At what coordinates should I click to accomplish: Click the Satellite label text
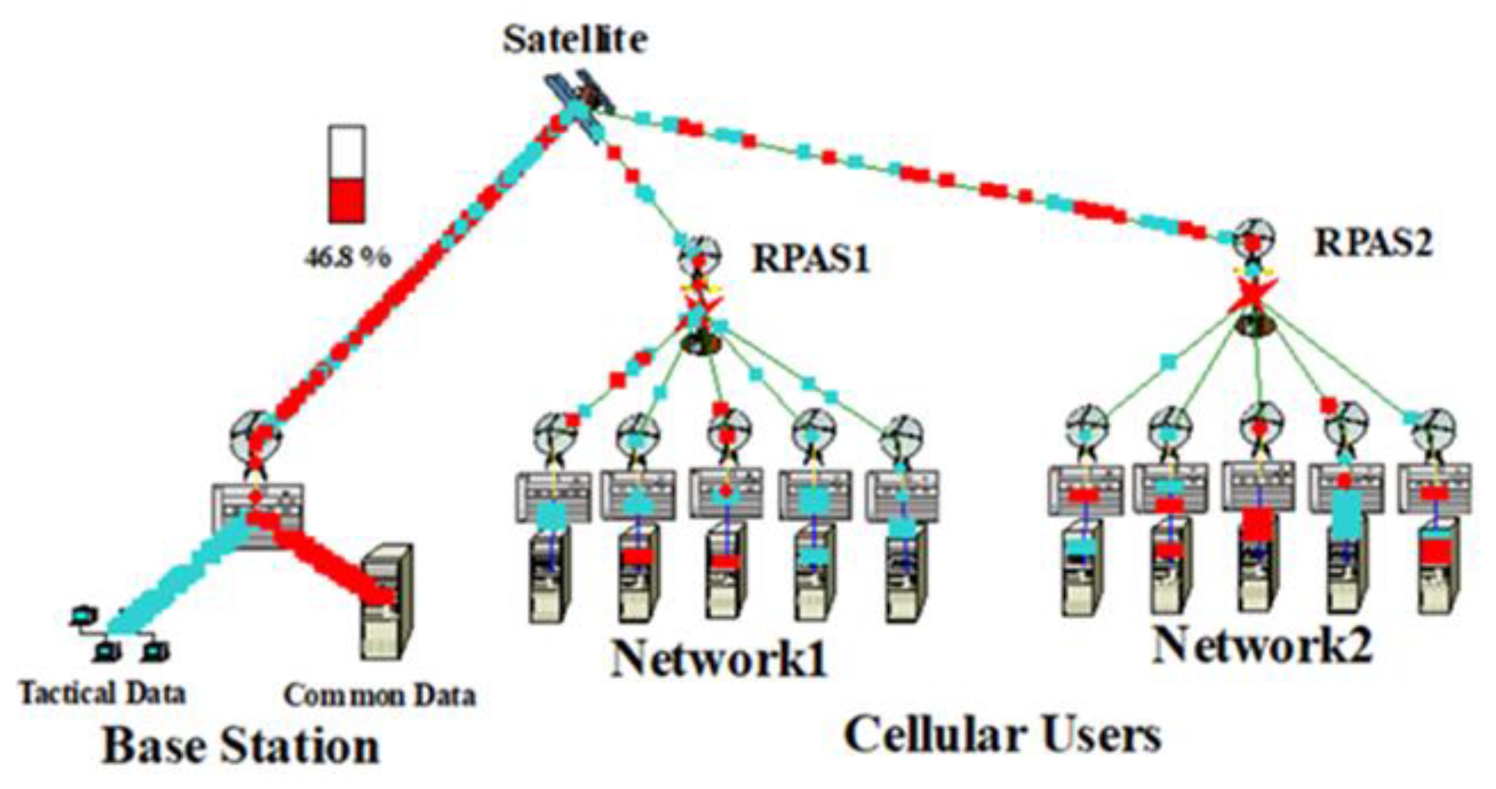(x=574, y=40)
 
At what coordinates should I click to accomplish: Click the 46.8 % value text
(x=347, y=257)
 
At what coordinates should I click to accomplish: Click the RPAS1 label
(x=811, y=258)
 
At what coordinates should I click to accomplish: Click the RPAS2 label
(x=1373, y=243)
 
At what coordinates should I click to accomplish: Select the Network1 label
(x=719, y=659)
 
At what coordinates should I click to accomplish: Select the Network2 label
(x=1263, y=646)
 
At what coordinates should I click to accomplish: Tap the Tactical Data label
(x=103, y=693)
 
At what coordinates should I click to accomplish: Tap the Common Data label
(x=379, y=696)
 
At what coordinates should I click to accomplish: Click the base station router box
(x=258, y=513)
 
